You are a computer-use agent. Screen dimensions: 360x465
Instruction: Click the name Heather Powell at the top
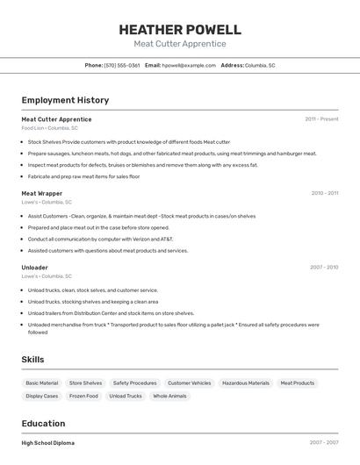click(180, 30)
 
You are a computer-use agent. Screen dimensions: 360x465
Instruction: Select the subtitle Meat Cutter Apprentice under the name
click(180, 44)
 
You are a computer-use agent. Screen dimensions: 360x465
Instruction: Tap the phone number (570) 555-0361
click(122, 65)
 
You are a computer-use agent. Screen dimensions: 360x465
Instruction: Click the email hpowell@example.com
click(189, 65)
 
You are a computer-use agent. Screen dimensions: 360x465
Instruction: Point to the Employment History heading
click(65, 100)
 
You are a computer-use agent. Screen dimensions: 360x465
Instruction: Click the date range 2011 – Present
click(321, 118)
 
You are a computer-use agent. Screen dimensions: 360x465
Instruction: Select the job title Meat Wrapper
click(41, 193)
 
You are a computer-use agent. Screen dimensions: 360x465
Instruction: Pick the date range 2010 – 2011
click(324, 193)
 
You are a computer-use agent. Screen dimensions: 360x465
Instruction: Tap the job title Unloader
click(34, 267)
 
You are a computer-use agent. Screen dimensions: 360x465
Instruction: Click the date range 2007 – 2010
click(324, 267)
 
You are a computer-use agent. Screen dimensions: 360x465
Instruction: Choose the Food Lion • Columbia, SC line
click(49, 128)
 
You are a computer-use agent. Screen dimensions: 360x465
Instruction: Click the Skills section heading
click(32, 359)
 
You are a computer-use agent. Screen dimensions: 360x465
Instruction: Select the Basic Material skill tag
click(42, 383)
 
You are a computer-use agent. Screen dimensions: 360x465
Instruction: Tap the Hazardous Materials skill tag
click(246, 383)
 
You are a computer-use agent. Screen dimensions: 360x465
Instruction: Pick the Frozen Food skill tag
click(83, 396)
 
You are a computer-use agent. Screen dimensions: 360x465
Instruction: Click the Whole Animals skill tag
click(169, 396)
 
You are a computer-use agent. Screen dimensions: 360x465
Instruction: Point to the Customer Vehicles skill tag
click(190, 383)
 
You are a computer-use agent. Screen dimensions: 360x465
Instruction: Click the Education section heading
click(43, 423)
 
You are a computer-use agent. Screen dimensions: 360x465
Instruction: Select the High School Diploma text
click(48, 443)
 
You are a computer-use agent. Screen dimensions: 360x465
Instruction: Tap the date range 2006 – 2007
click(324, 443)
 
